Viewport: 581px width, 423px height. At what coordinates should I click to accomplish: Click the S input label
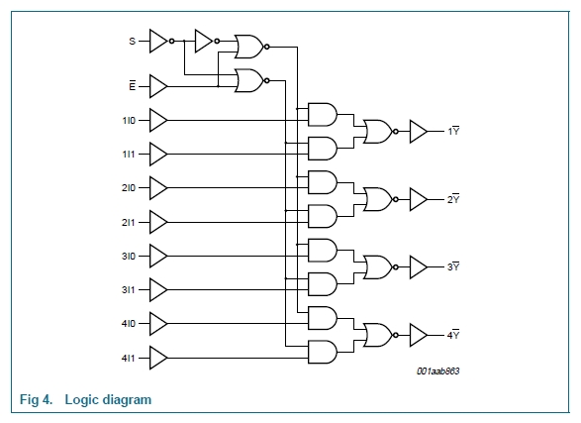(133, 42)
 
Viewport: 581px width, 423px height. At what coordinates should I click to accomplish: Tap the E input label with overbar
(133, 85)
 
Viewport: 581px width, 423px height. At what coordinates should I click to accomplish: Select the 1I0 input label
(129, 121)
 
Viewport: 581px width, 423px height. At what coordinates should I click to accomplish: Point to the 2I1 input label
(129, 223)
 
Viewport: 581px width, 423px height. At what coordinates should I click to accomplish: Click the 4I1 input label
(129, 359)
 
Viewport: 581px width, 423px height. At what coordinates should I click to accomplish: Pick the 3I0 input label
(129, 257)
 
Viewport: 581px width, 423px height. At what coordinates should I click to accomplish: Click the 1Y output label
(453, 131)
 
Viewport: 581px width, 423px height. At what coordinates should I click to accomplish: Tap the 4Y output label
(453, 335)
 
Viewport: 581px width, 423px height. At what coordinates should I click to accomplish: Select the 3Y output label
(453, 266)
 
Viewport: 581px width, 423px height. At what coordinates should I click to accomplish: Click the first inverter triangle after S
(158, 41)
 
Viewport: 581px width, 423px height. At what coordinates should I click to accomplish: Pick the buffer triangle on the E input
(158, 86)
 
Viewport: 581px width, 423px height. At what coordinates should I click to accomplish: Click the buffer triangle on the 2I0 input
(158, 188)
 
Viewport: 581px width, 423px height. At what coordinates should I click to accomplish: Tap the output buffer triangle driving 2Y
(419, 199)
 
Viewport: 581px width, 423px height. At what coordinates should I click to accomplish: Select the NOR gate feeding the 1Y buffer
(378, 131)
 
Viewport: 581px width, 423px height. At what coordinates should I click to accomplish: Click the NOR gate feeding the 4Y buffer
(378, 335)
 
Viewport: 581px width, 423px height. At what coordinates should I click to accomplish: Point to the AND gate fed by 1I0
(323, 115)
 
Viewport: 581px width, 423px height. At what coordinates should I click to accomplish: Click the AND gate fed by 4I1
(323, 352)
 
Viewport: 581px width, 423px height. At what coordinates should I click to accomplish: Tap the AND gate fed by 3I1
(323, 284)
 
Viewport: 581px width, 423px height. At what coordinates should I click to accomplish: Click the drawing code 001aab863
(437, 371)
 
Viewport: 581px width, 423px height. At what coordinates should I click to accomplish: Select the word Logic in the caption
(82, 399)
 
